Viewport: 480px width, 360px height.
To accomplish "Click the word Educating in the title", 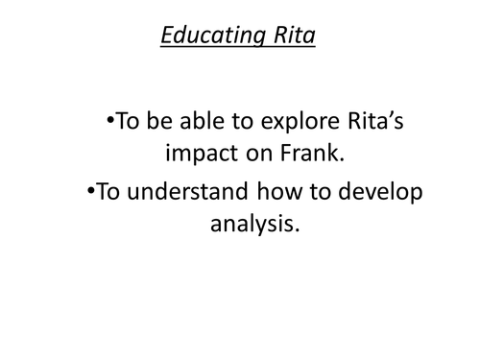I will (x=204, y=37).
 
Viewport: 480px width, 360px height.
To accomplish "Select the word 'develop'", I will (x=379, y=191).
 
